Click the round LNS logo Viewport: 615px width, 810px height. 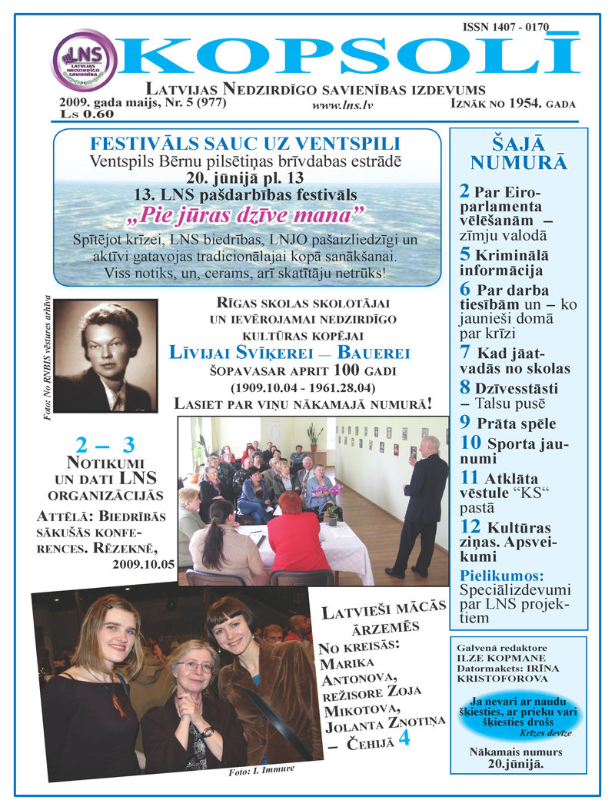click(85, 60)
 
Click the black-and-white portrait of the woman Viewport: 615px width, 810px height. click(106, 356)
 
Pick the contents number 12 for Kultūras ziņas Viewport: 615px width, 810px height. click(470, 526)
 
